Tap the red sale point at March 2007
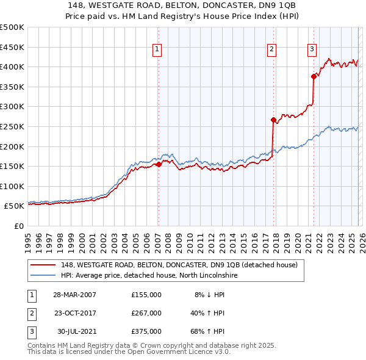[159, 164]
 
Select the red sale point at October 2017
[273, 120]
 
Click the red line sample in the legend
[44, 265]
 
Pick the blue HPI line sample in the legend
[44, 276]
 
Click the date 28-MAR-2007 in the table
[74, 294]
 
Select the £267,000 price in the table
[146, 313]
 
